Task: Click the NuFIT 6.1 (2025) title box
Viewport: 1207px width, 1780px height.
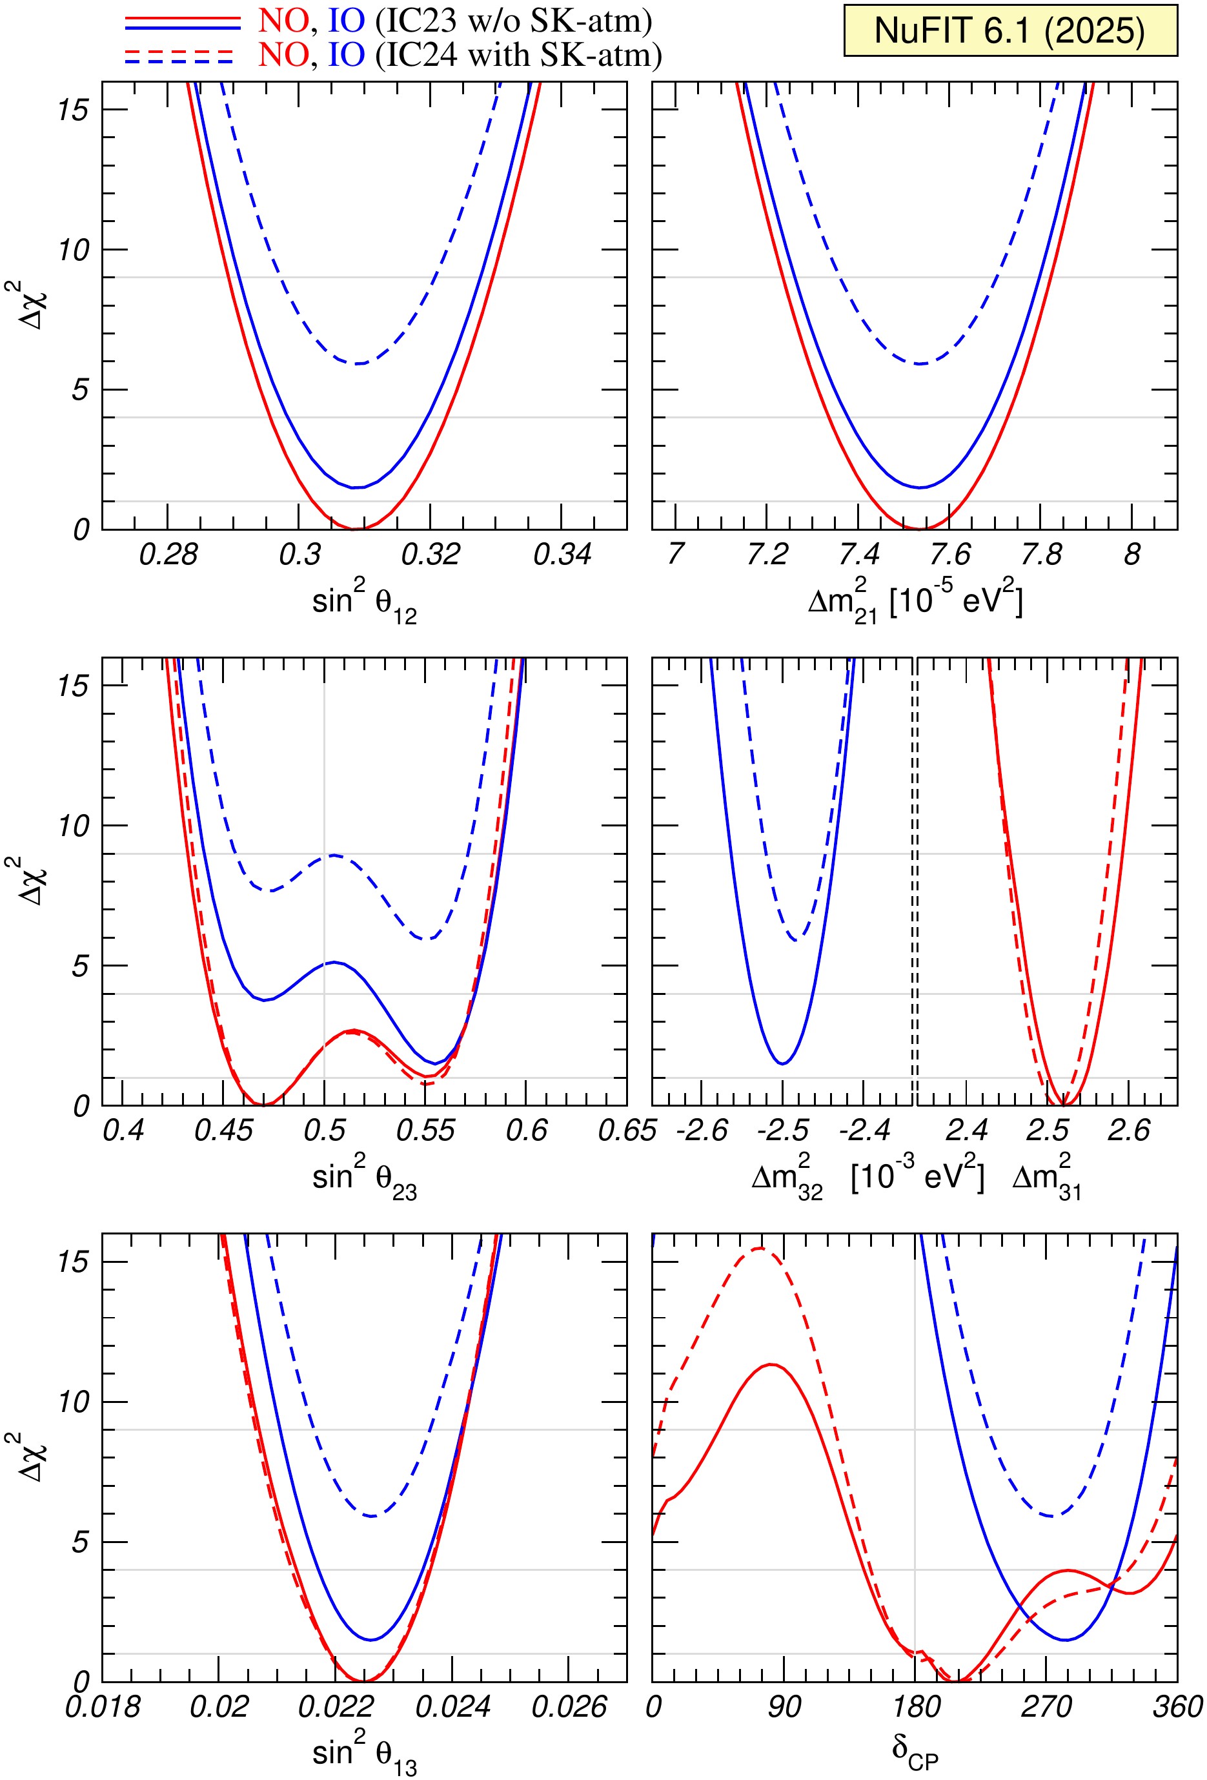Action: (1009, 30)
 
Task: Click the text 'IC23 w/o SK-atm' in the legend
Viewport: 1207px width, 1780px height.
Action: (513, 21)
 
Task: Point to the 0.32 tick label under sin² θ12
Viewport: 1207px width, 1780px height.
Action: (431, 555)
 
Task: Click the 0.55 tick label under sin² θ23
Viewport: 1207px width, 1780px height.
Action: (425, 1130)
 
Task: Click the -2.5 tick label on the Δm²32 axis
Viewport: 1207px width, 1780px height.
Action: (783, 1130)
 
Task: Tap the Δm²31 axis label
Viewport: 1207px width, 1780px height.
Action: (1046, 1180)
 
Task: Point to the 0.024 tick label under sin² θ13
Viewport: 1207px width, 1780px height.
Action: (452, 1706)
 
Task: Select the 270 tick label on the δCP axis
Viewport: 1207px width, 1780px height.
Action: (1046, 1706)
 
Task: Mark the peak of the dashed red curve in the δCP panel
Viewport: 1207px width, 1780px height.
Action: (758, 1249)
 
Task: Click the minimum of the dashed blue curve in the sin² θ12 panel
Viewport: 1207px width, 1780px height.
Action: (358, 363)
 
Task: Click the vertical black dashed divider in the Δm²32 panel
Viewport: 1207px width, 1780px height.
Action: (915, 881)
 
